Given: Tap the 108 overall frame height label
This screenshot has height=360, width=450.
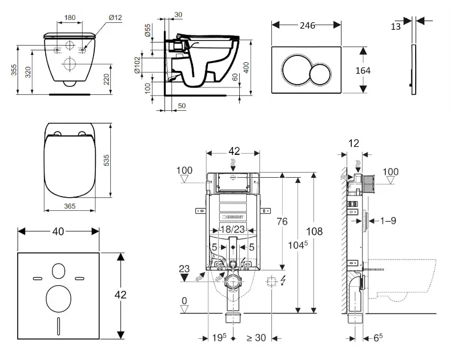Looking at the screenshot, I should pos(314,231).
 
